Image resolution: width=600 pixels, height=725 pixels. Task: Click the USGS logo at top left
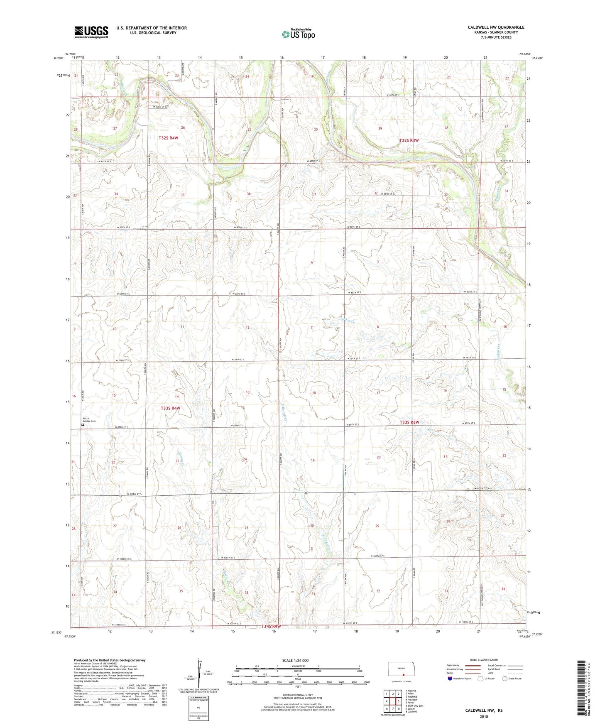[91, 32]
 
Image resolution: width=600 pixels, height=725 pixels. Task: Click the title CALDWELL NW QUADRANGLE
[496, 27]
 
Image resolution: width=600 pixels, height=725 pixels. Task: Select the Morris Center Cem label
[89, 420]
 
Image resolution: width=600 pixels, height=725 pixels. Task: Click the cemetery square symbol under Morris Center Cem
[83, 425]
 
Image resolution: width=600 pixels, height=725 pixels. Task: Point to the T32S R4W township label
[168, 137]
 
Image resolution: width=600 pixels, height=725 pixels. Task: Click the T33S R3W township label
[409, 422]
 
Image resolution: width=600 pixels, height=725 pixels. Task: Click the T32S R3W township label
[409, 141]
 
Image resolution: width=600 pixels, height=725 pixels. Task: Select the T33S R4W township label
[171, 409]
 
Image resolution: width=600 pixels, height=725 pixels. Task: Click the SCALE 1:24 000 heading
[295, 661]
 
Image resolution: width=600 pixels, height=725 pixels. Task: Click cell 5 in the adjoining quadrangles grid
[393, 701]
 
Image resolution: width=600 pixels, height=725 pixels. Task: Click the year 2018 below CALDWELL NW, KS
[484, 716]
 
